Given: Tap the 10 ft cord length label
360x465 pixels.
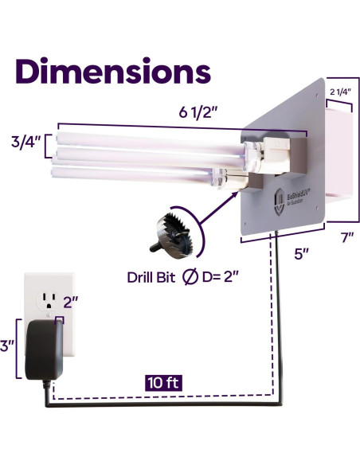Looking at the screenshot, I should tap(164, 381).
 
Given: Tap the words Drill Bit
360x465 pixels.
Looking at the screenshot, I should tap(153, 278).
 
